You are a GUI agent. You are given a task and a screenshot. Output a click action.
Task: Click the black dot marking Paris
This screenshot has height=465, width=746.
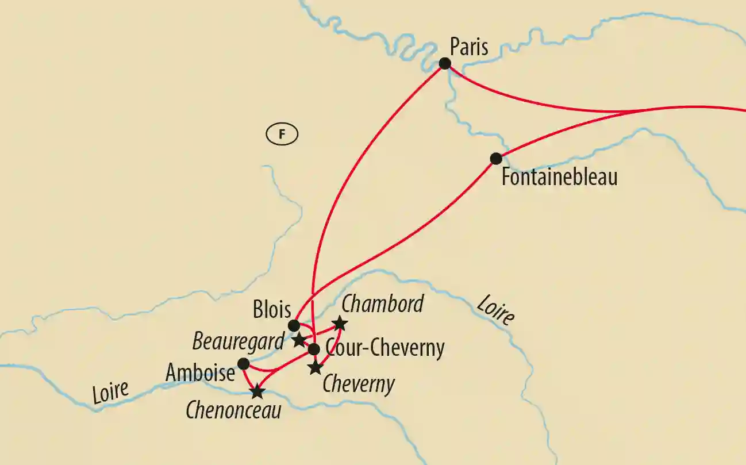click(x=445, y=63)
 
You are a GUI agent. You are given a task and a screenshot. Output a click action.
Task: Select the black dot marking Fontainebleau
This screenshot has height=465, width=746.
click(x=495, y=158)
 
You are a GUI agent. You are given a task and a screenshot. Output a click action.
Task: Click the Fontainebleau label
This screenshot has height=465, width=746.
click(x=559, y=176)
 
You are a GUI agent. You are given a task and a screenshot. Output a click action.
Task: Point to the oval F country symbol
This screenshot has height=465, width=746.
click(x=282, y=134)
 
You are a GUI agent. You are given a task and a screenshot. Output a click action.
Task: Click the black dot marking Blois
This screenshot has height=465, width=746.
click(x=294, y=326)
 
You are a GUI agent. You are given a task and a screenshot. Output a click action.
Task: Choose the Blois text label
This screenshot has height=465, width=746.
click(x=272, y=310)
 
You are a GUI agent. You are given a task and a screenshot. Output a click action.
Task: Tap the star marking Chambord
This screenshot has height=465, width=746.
click(x=340, y=324)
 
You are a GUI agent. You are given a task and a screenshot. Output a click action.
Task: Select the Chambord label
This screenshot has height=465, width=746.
click(x=382, y=304)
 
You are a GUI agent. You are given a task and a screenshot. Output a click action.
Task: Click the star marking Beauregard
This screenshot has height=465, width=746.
click(x=299, y=339)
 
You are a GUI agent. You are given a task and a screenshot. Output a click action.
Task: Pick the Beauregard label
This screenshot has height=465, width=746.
click(x=238, y=341)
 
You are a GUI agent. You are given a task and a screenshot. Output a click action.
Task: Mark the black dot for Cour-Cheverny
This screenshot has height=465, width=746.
click(x=314, y=349)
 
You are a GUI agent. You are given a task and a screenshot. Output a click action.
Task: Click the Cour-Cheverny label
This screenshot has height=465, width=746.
click(x=384, y=348)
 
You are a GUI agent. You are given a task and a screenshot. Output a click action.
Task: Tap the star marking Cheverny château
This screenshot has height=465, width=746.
click(x=315, y=368)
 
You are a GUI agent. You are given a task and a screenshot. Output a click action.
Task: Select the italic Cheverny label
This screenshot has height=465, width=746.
click(x=359, y=384)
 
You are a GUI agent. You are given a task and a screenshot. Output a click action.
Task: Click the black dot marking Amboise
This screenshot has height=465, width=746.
click(x=243, y=364)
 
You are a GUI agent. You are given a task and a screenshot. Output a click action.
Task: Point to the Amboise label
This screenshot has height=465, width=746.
click(x=200, y=373)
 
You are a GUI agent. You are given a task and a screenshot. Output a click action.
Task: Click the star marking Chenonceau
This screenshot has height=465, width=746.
click(x=257, y=392)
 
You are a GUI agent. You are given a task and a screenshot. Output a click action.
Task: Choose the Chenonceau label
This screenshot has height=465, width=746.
click(x=233, y=410)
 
